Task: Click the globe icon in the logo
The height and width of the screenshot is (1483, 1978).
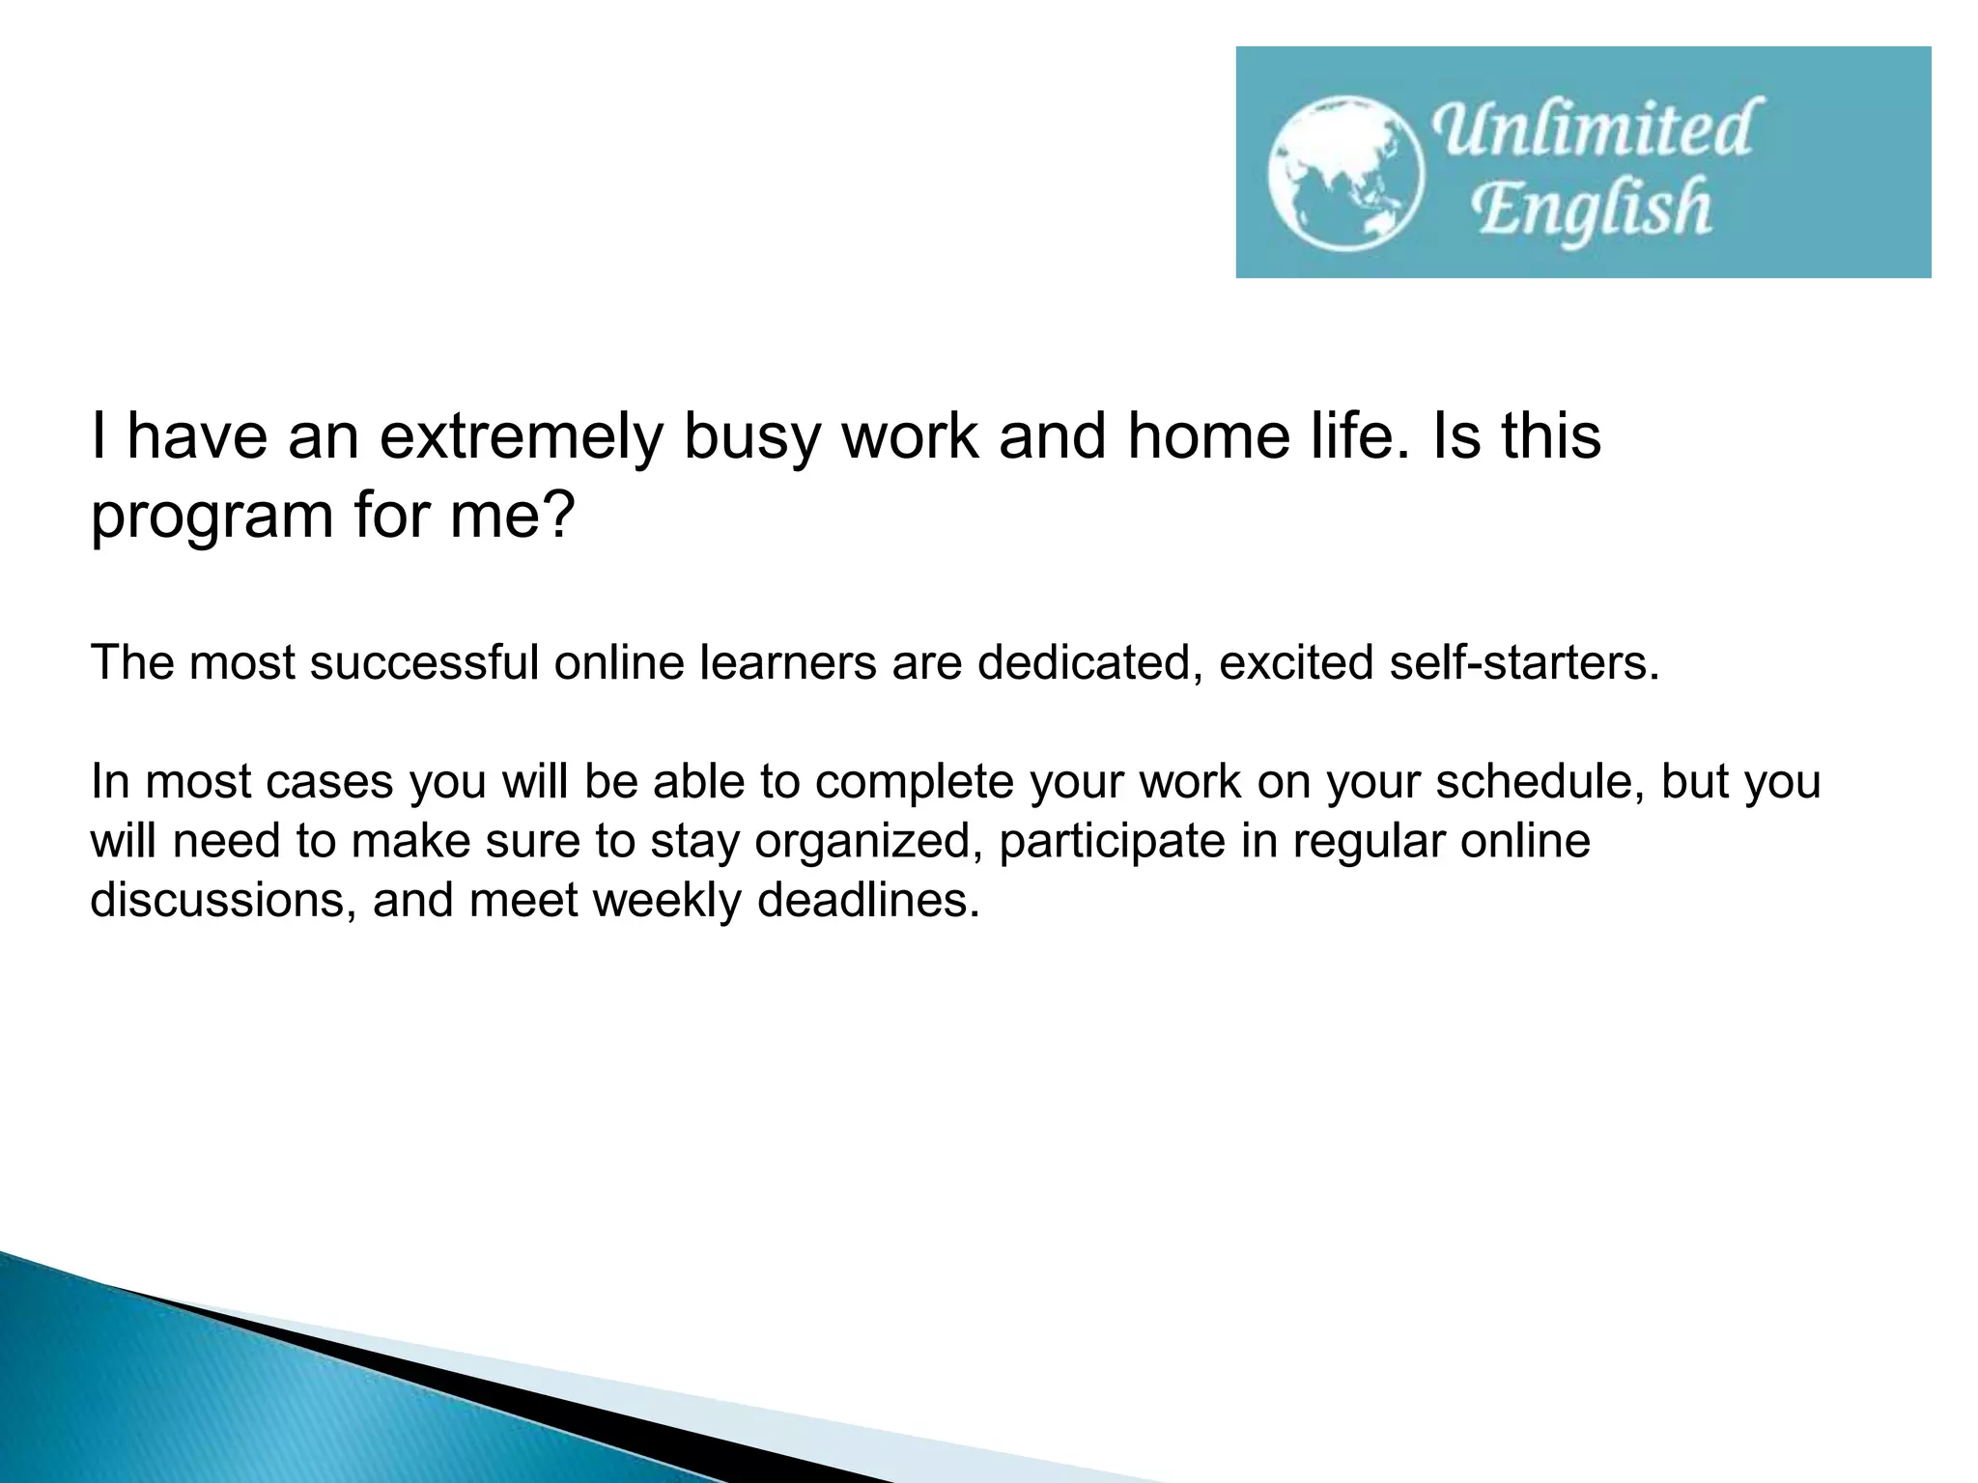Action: pyautogui.click(x=1345, y=174)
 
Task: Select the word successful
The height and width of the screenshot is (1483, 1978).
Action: pyautogui.click(x=424, y=663)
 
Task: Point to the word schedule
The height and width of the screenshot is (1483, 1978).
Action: pyautogui.click(x=1540, y=782)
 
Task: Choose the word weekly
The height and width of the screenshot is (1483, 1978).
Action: pyautogui.click(x=665, y=901)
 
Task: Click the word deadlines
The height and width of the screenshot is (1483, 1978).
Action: pyautogui.click(x=868, y=901)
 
